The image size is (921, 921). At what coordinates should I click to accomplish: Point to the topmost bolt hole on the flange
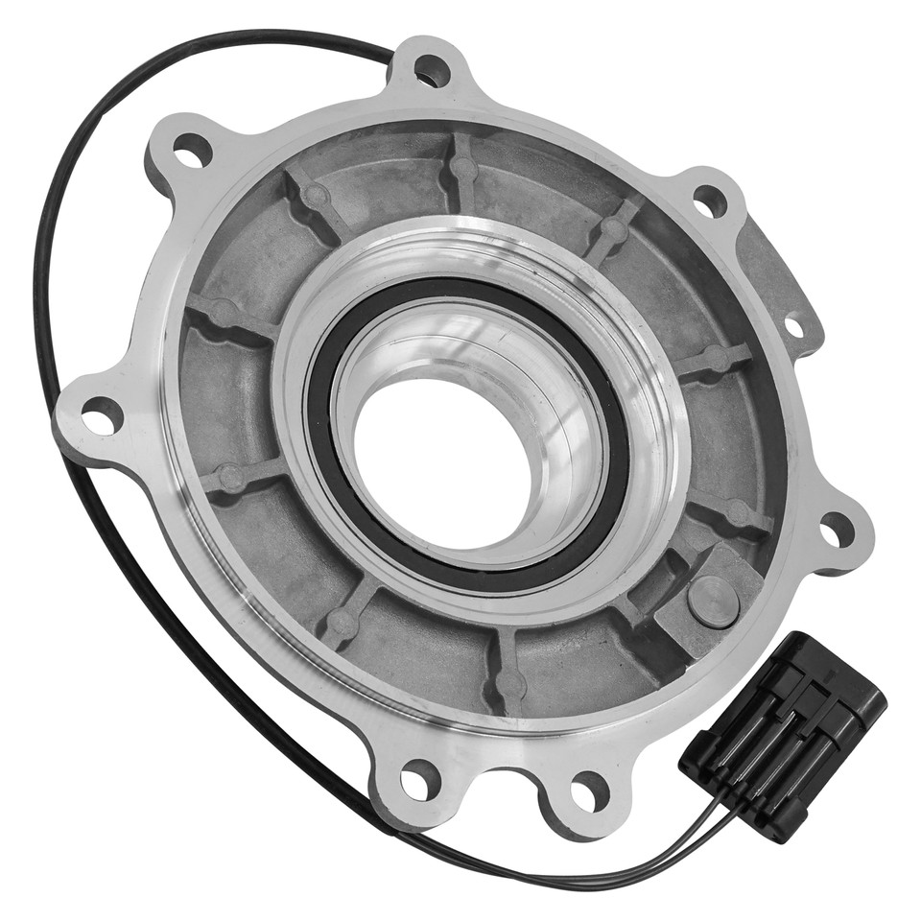click(432, 70)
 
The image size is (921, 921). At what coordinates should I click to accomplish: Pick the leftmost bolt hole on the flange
click(102, 415)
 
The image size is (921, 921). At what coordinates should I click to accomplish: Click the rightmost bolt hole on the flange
click(837, 529)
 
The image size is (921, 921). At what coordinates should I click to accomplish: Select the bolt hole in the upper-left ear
click(192, 151)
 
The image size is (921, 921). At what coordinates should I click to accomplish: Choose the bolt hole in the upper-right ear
click(710, 201)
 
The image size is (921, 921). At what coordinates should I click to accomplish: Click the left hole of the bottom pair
click(419, 779)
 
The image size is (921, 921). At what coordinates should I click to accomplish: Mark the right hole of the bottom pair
click(587, 791)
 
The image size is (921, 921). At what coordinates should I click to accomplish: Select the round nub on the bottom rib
click(508, 684)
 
